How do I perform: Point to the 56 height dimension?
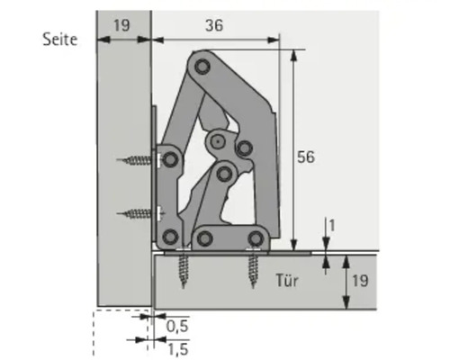307,157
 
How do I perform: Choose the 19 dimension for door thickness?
358,281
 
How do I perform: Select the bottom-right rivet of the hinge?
256,238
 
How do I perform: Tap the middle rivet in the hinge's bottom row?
204,238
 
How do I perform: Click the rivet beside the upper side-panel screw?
168,160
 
